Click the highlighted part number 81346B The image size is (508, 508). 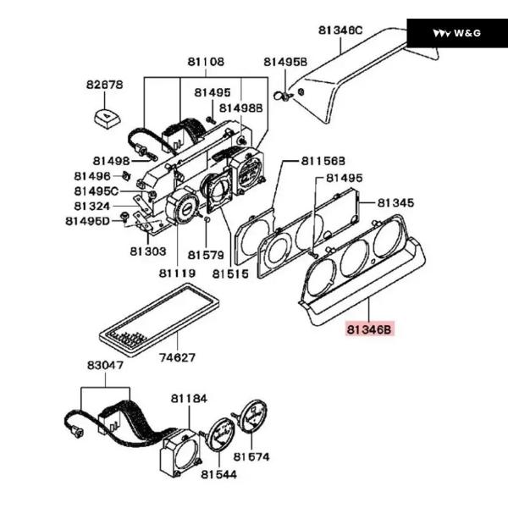(x=369, y=329)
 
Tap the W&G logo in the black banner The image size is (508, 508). (x=457, y=33)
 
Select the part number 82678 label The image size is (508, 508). (x=105, y=85)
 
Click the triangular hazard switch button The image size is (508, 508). (x=108, y=119)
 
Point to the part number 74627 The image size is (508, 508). (x=178, y=357)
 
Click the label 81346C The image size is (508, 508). (x=340, y=30)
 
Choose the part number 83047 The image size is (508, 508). (x=105, y=366)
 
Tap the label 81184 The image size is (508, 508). (x=189, y=399)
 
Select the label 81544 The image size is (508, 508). (x=219, y=475)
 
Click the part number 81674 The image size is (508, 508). (x=251, y=457)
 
